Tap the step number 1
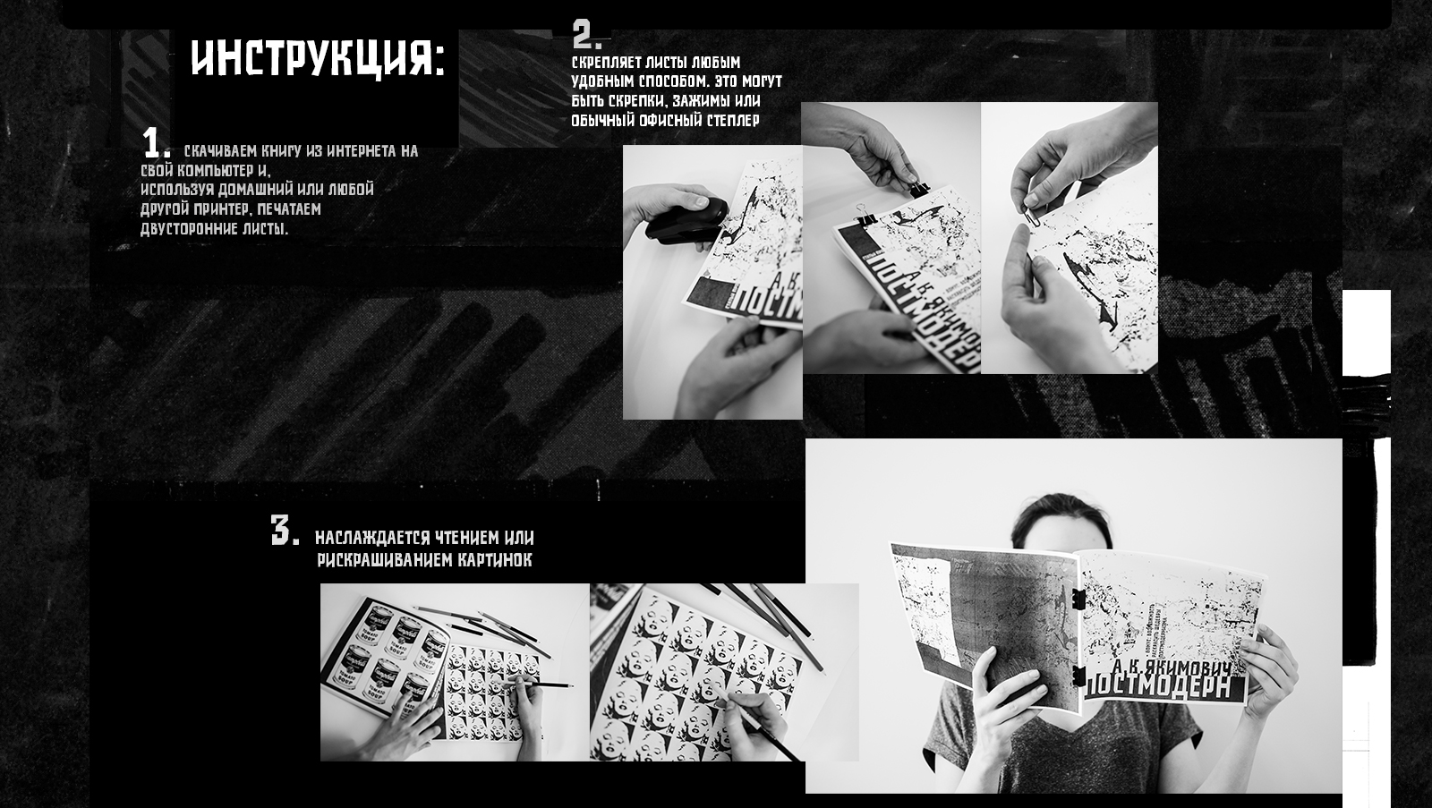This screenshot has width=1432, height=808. point(155,143)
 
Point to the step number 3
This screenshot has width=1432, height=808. point(284,531)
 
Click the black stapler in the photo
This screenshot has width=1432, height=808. point(686,220)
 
